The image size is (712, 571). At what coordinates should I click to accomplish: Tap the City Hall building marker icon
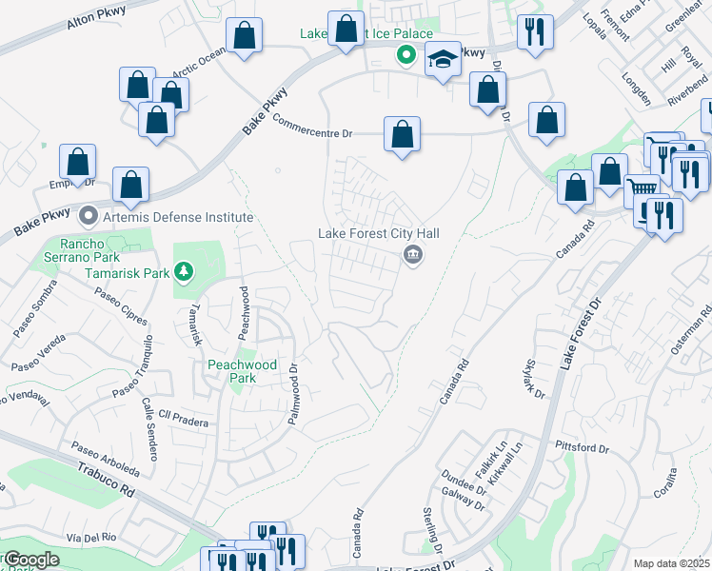412,254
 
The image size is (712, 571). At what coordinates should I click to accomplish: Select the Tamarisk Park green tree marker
184,274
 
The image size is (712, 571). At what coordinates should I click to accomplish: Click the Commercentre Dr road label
312,128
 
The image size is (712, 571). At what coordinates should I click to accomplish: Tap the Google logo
31,560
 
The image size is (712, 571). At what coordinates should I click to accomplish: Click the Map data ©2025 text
671,563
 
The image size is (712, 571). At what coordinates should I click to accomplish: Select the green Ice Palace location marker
405,55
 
